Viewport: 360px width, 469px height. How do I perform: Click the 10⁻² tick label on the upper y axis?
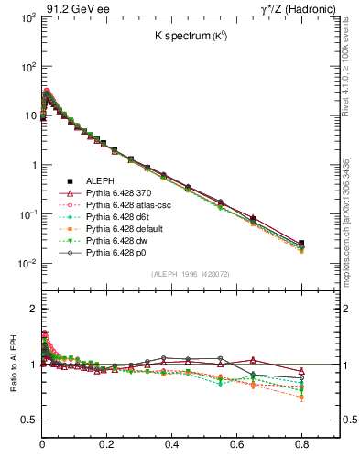[x=25, y=264]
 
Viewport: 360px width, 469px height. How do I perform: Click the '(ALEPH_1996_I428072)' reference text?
[x=191, y=274]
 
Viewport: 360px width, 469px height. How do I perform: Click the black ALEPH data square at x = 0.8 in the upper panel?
[x=301, y=244]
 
